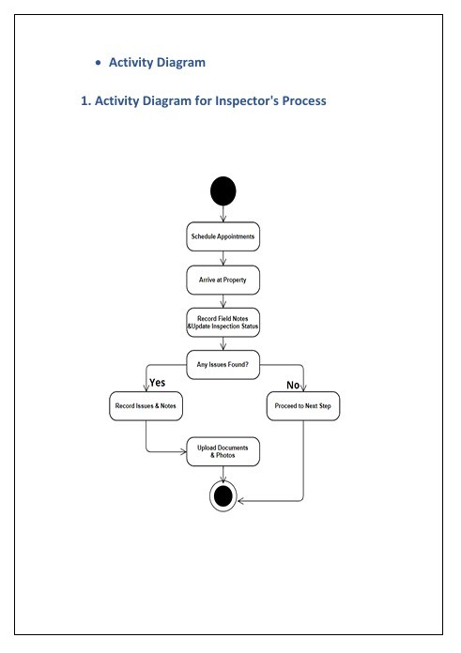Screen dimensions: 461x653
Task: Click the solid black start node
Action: click(x=223, y=191)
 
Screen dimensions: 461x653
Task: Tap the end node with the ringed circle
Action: click(x=223, y=496)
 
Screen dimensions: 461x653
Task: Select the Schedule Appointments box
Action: click(x=223, y=236)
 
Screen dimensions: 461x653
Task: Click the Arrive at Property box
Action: click(x=223, y=280)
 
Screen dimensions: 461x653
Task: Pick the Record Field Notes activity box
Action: click(x=223, y=323)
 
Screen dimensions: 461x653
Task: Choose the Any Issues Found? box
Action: click(x=223, y=365)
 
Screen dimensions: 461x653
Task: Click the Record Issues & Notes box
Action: click(x=146, y=406)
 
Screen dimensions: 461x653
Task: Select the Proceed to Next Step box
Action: click(x=303, y=406)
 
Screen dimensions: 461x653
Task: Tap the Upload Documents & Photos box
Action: click(x=223, y=451)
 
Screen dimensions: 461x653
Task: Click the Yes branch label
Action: click(x=158, y=383)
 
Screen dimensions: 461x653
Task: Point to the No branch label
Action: click(x=293, y=386)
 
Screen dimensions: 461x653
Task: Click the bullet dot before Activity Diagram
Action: click(x=98, y=63)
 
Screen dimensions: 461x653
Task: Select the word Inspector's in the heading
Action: click(x=247, y=100)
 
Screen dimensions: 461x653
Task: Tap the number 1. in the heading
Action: click(x=85, y=100)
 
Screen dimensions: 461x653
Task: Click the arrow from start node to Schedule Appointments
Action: click(x=223, y=214)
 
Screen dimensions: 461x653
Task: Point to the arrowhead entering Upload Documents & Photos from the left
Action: click(x=183, y=451)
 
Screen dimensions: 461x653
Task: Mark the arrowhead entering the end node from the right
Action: click(x=241, y=501)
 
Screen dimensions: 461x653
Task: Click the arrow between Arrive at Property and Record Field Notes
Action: click(x=223, y=301)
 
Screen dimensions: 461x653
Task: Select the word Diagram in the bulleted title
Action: click(x=181, y=63)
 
